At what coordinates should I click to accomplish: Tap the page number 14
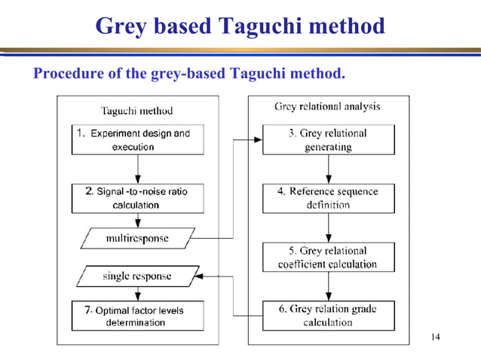[434, 336]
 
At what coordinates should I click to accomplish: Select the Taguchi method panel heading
[136, 111]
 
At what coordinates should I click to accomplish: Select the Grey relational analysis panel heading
[327, 107]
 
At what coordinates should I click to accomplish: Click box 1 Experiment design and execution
[137, 139]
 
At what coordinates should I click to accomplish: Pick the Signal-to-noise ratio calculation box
[137, 198]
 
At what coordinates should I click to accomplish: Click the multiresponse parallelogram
[136, 239]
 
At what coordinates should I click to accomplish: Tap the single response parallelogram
[138, 276]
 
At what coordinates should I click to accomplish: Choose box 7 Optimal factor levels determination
[137, 316]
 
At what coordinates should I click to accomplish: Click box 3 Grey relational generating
[328, 139]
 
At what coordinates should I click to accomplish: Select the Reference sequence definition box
[328, 198]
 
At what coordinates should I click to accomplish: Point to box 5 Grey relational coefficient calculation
[328, 258]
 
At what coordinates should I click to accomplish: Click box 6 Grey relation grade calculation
[328, 316]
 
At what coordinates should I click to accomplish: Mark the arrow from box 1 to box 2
[138, 169]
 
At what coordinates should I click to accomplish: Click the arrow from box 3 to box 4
[329, 169]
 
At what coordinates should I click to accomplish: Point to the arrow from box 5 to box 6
[329, 286]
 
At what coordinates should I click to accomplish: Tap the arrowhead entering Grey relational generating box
[258, 140]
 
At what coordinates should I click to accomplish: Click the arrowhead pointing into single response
[202, 276]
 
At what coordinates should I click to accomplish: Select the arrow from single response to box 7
[138, 294]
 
